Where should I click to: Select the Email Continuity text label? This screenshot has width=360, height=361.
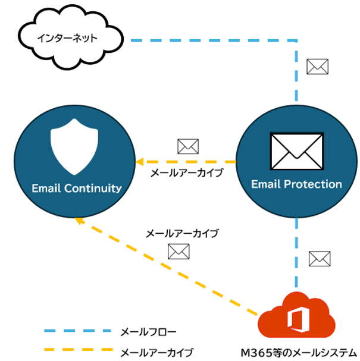[x=76, y=189]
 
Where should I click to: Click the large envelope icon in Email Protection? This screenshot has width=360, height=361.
[x=296, y=150]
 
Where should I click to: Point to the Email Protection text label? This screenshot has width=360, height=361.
[x=296, y=184]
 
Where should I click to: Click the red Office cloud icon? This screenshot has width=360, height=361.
[x=296, y=318]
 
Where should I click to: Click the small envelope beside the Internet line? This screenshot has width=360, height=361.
[x=317, y=67]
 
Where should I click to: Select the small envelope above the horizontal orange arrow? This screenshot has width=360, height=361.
[x=188, y=146]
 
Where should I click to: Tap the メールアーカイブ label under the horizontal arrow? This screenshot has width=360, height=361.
[x=186, y=174]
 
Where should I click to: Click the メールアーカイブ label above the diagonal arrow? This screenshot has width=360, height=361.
[x=182, y=234]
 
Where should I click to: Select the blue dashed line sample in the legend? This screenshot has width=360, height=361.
[x=77, y=330]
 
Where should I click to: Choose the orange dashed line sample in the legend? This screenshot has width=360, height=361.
[x=77, y=351]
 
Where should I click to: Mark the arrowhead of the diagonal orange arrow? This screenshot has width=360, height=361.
[x=77, y=220]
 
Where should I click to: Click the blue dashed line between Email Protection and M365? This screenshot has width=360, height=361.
[x=296, y=256]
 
